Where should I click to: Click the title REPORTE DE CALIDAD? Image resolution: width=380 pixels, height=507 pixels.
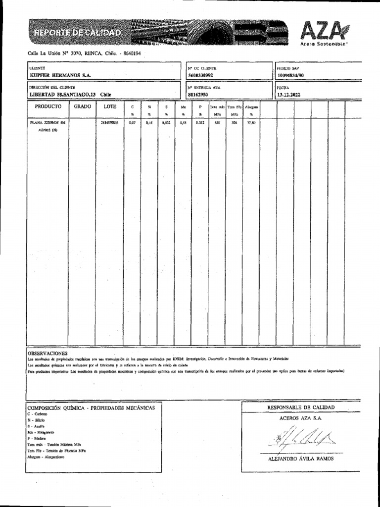(x=77, y=33)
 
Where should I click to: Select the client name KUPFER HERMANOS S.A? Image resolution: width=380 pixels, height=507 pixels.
(x=61, y=75)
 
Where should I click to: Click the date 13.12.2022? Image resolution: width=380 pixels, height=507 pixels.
(x=288, y=94)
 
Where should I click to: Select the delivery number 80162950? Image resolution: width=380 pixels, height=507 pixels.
(x=198, y=94)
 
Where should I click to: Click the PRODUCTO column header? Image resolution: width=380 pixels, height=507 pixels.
(x=48, y=106)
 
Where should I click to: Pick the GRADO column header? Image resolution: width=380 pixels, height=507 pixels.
(x=83, y=106)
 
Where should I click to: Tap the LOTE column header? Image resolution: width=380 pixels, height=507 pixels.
(x=110, y=106)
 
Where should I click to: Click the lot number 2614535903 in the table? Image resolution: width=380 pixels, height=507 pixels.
(x=109, y=122)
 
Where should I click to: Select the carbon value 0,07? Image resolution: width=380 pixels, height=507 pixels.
(x=132, y=122)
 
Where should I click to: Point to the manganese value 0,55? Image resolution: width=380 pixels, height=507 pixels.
(x=183, y=122)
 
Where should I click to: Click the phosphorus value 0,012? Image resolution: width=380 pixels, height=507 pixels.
(x=200, y=122)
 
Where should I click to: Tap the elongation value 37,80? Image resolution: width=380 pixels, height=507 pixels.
(x=251, y=122)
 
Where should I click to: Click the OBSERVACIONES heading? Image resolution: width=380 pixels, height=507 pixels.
(x=48, y=353)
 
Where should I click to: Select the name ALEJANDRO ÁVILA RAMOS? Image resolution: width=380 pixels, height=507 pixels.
(x=300, y=458)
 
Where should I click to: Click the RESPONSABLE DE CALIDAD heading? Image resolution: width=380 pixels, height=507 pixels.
(x=301, y=407)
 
